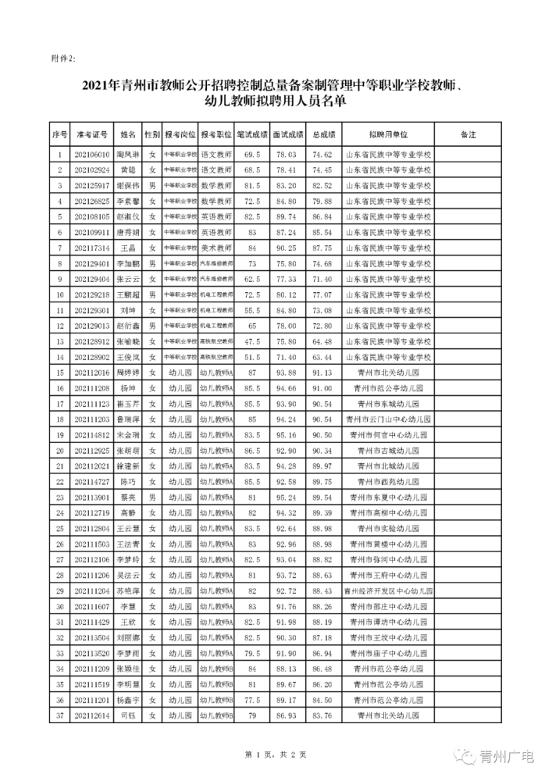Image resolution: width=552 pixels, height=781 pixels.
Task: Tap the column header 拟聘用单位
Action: coord(388,134)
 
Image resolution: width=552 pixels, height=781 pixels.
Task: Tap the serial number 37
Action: coord(60,713)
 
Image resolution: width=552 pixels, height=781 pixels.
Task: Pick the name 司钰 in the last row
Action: coord(127,713)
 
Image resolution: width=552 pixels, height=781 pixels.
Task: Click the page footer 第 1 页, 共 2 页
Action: coord(276,754)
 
